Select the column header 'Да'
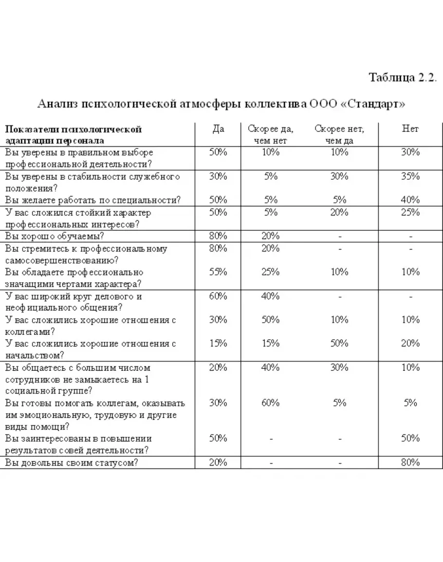(x=218, y=129)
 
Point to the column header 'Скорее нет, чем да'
(x=339, y=135)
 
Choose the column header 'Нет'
(x=410, y=129)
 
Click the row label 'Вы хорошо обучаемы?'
(x=55, y=236)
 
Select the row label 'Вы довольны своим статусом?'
(x=72, y=463)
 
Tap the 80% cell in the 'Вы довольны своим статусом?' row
(x=410, y=463)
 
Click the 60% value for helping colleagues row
(x=271, y=403)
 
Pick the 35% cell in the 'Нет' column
(x=410, y=176)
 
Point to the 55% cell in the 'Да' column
(x=218, y=272)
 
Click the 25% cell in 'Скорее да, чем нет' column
(x=271, y=272)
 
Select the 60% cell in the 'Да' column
(x=218, y=296)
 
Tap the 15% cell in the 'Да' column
(x=218, y=344)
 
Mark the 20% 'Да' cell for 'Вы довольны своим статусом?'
(x=218, y=463)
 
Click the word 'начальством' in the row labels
(x=34, y=356)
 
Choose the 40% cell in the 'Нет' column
(x=410, y=200)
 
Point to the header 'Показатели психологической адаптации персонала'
(x=73, y=135)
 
